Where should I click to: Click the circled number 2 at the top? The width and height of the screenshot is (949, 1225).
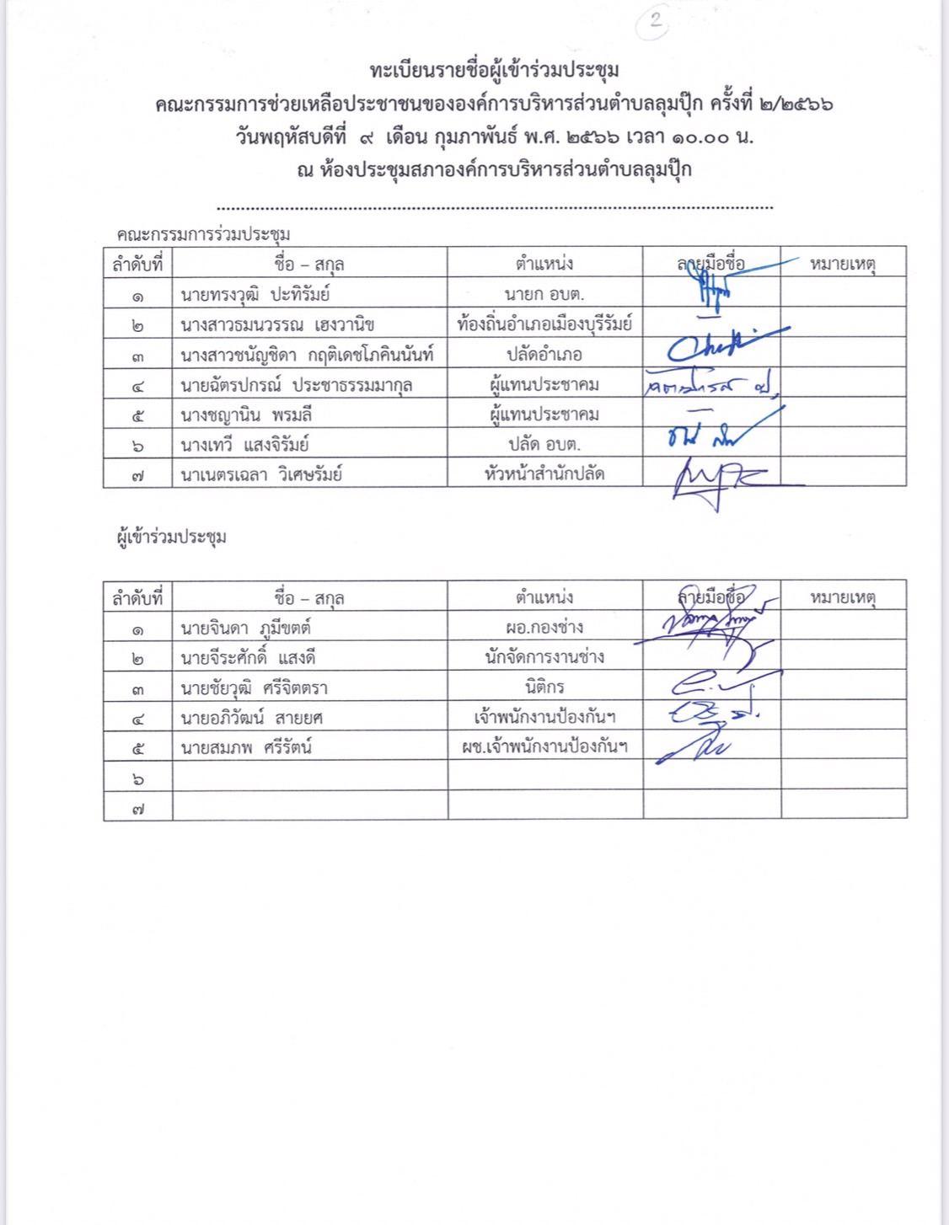tap(654, 20)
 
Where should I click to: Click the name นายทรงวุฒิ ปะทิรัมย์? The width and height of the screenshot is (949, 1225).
tap(255, 295)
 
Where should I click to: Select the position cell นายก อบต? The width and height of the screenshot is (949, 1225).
tap(544, 295)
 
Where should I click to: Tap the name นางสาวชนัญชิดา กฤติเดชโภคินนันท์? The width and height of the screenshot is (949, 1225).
tap(307, 355)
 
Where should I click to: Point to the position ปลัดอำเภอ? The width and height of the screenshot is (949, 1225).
tap(544, 355)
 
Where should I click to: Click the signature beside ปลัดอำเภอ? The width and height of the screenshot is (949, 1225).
tap(721, 346)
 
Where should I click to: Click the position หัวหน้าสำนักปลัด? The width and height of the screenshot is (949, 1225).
tap(544, 474)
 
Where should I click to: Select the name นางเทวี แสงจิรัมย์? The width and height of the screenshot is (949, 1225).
tap(244, 445)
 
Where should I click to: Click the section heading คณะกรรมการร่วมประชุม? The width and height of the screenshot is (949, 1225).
tap(203, 234)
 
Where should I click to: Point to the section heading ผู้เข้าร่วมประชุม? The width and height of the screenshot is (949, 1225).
tap(171, 537)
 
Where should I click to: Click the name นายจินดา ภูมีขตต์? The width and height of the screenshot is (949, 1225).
tap(245, 629)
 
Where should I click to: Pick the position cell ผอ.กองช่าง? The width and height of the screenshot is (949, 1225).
tap(544, 628)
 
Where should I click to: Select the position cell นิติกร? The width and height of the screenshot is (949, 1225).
tap(544, 687)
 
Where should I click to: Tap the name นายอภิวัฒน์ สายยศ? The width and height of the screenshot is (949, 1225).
tap(251, 718)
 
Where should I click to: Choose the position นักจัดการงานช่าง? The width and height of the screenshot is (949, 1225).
tap(544, 657)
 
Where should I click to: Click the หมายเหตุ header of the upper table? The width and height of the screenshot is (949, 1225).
tap(843, 264)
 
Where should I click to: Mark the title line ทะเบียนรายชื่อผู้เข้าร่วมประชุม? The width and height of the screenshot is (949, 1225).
tap(494, 70)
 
